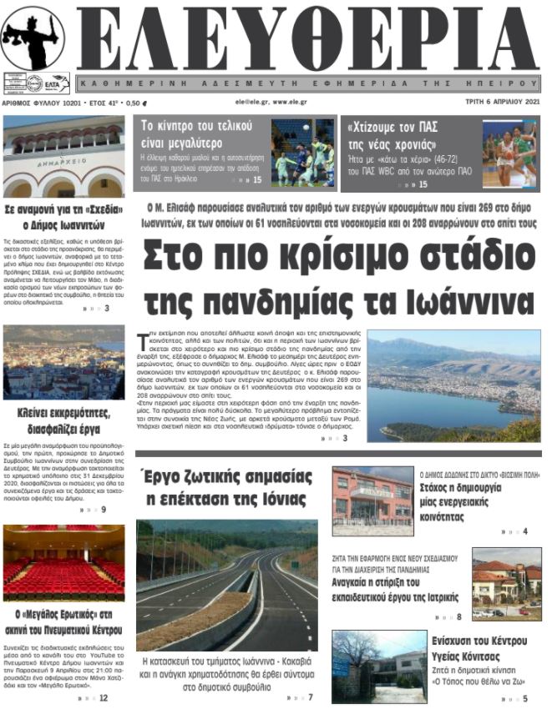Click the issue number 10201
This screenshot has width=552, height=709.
(x=69, y=101)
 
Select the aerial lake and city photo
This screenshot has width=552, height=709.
(x=453, y=385)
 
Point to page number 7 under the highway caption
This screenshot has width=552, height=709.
(x=311, y=697)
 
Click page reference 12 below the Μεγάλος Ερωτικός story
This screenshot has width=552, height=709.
(x=103, y=697)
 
